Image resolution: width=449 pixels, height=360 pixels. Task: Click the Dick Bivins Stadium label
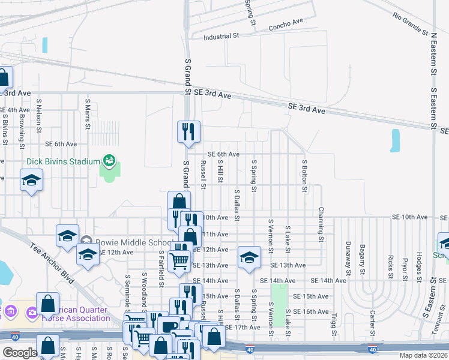coord(62,162)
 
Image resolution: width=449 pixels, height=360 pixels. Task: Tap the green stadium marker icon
coord(109,160)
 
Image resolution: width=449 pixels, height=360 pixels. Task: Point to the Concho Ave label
coord(286,25)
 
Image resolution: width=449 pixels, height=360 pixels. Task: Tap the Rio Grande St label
coord(411,23)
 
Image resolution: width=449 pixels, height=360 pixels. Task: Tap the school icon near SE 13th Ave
coord(249,257)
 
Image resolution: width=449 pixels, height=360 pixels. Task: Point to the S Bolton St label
coord(304,176)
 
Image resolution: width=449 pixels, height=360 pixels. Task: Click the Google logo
coord(20,353)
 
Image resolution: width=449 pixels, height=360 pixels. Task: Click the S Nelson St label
coord(39,116)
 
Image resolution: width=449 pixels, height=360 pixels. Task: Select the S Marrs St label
coord(88,114)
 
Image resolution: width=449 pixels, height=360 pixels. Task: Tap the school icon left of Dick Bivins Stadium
coord(31,181)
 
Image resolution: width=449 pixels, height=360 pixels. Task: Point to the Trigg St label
coord(334,323)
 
